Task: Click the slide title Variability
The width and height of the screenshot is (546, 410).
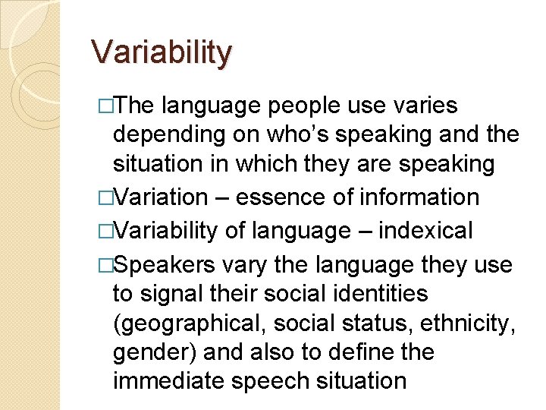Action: (x=162, y=53)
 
